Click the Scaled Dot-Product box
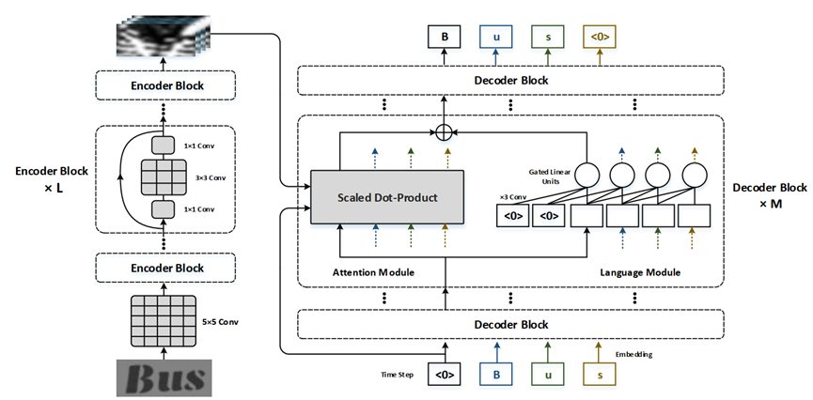[388, 197]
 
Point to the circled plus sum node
[445, 129]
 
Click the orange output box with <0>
[600, 38]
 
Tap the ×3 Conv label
[512, 198]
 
